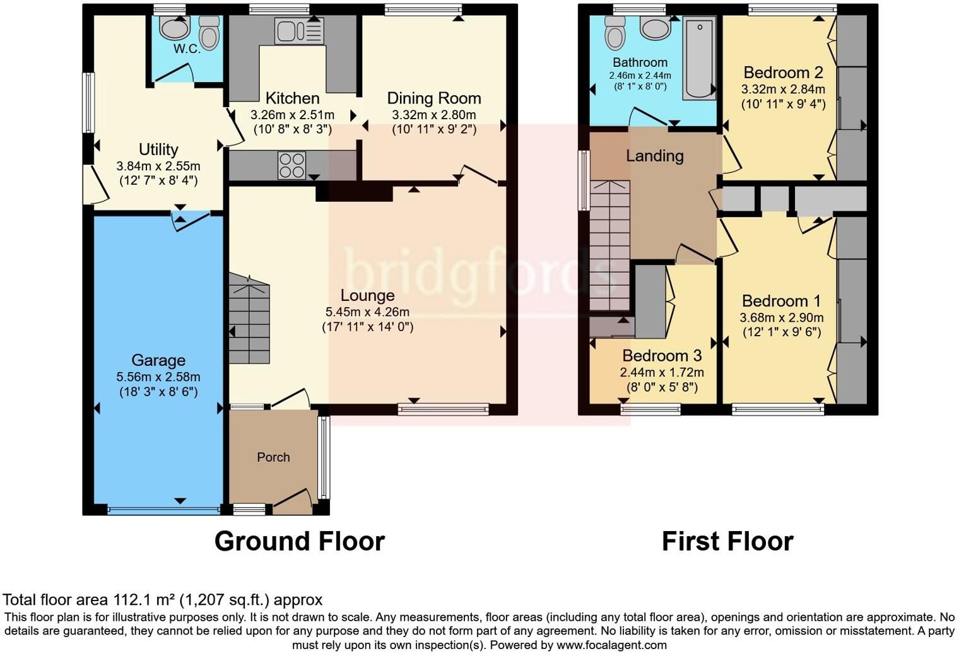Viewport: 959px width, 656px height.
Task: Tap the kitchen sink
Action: [x=299, y=31]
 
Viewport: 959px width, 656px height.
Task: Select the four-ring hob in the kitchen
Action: [x=292, y=165]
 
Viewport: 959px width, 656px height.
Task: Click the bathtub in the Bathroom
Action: [x=699, y=58]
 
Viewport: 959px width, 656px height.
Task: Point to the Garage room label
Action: [x=158, y=360]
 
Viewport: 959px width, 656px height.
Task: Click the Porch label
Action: [x=274, y=457]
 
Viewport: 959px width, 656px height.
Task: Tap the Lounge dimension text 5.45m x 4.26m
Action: [x=367, y=312]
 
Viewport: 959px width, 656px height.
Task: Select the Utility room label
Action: [x=158, y=149]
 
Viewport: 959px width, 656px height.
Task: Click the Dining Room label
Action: [x=434, y=99]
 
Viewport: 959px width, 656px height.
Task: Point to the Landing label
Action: [x=655, y=156]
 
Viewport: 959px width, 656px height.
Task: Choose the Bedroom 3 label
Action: [x=662, y=356]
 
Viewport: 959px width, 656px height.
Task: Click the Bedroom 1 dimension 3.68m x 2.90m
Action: [x=782, y=317]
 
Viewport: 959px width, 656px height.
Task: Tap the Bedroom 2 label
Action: [x=784, y=73]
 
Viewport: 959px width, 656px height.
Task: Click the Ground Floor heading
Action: [x=300, y=541]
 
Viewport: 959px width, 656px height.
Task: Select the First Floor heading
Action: [x=728, y=541]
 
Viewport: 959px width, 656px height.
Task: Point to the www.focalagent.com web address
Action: [x=611, y=645]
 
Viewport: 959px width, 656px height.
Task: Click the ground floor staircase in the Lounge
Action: [x=249, y=319]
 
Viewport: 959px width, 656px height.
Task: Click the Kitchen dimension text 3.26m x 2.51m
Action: [x=292, y=115]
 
